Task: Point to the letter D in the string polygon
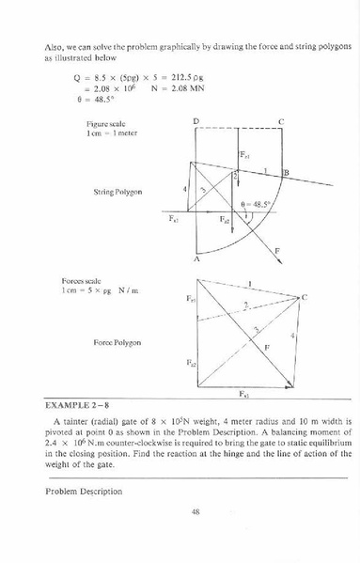[x=196, y=122]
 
